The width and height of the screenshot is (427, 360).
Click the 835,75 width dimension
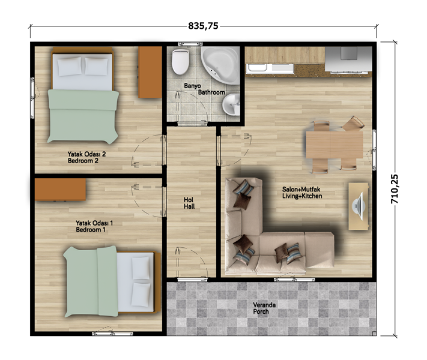coord(203,26)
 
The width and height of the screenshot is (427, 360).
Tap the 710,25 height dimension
coord(395,189)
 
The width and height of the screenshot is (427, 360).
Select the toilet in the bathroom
coord(180,61)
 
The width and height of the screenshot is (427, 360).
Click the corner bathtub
coord(220,65)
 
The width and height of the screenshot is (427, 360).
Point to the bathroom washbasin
coord(231,104)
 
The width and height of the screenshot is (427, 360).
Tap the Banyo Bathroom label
coord(205,89)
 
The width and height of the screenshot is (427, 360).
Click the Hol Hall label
coord(189,203)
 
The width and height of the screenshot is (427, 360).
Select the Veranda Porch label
coord(264,308)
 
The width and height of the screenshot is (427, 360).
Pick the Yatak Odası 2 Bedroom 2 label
coord(86,157)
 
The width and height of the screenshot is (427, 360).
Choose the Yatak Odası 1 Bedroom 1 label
coord(94,226)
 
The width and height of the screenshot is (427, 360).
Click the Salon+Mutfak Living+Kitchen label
coord(302,193)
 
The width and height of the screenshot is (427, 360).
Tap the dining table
coord(335,145)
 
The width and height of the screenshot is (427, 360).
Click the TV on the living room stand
coord(359,206)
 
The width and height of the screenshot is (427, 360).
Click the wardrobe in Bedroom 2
coord(150,72)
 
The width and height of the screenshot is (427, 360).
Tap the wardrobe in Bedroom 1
coord(60,190)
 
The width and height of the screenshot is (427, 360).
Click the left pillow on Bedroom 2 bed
coord(70,66)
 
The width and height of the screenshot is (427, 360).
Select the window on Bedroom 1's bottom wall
coord(112,334)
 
